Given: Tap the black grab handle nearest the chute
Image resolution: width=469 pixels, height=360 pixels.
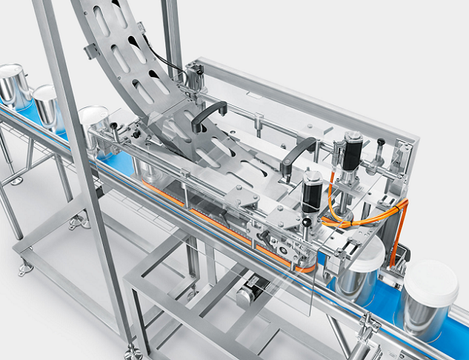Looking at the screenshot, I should (x=207, y=115).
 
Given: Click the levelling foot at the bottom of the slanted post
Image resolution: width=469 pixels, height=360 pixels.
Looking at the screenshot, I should (x=133, y=351).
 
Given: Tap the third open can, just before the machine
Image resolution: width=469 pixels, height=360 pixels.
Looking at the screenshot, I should (x=93, y=120).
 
